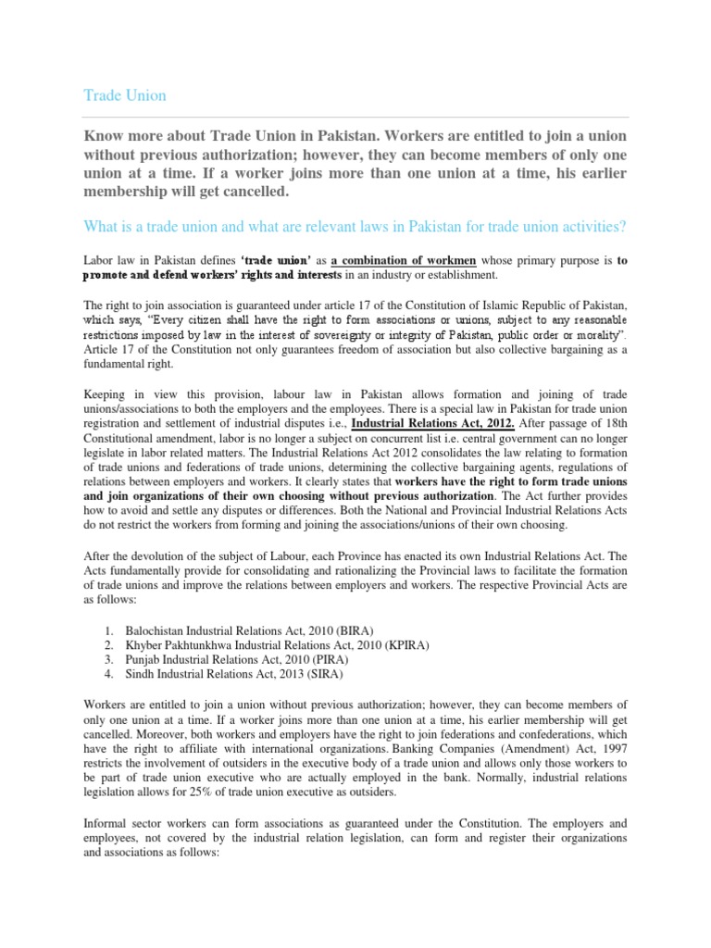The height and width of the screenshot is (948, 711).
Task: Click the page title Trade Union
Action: (x=125, y=95)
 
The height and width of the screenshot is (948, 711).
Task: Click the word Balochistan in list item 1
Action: (x=158, y=630)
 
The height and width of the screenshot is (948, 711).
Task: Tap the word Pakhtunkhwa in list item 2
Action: (x=198, y=645)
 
